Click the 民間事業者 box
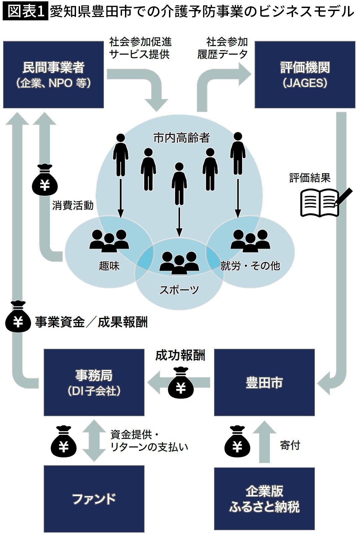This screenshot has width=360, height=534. tap(53, 74)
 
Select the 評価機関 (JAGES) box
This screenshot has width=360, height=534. tap(305, 74)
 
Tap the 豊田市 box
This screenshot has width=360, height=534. tap(264, 382)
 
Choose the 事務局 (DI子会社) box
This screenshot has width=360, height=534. tap(94, 382)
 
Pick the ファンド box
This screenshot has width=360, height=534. tap(94, 499)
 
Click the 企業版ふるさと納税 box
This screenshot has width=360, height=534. tap(264, 499)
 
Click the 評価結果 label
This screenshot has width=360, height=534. tap(310, 178)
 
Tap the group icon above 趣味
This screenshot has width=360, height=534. tap(109, 240)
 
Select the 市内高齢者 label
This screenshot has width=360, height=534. tap(181, 137)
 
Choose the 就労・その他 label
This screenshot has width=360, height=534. tap(250, 266)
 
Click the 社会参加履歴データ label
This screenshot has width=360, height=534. tap(222, 48)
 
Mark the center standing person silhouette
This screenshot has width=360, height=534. tap(179, 184)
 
